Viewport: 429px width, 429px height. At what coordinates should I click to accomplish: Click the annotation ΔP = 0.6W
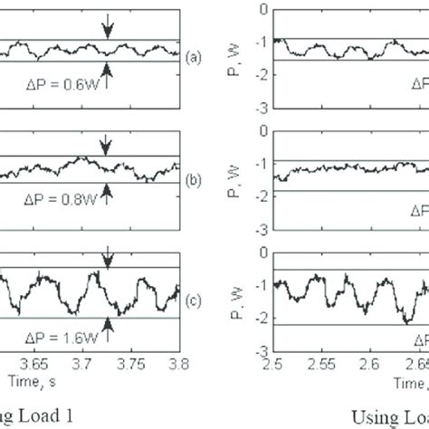pos(58,80)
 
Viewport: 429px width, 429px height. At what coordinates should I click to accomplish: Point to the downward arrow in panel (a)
pos(108,29)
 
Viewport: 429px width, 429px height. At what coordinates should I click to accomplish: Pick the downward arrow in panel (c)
pos(108,259)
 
